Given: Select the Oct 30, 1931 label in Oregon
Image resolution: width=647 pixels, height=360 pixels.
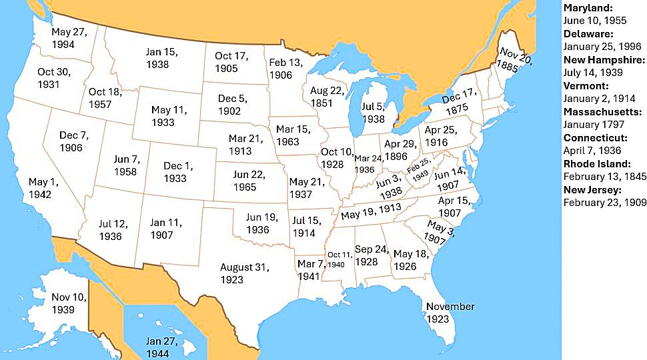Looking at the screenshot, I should (53, 78).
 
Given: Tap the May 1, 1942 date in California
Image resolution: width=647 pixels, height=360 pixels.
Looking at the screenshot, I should (44, 188).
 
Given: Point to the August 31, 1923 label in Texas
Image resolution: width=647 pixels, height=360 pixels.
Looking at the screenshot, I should (244, 273).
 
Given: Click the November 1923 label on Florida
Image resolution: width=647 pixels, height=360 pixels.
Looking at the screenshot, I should (450, 313).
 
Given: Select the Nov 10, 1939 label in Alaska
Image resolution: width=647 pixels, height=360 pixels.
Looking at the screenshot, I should (69, 303).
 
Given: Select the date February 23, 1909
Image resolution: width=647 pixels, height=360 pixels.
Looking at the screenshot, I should (604, 202).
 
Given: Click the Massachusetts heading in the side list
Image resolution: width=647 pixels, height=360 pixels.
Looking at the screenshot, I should (604, 111).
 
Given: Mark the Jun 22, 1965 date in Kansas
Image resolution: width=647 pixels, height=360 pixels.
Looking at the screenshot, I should (245, 181).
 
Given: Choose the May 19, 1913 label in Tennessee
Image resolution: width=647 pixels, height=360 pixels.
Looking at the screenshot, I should (371, 213).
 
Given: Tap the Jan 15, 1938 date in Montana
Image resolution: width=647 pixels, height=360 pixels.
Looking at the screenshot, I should (162, 58).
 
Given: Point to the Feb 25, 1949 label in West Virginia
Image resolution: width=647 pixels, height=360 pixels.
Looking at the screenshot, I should (419, 170).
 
